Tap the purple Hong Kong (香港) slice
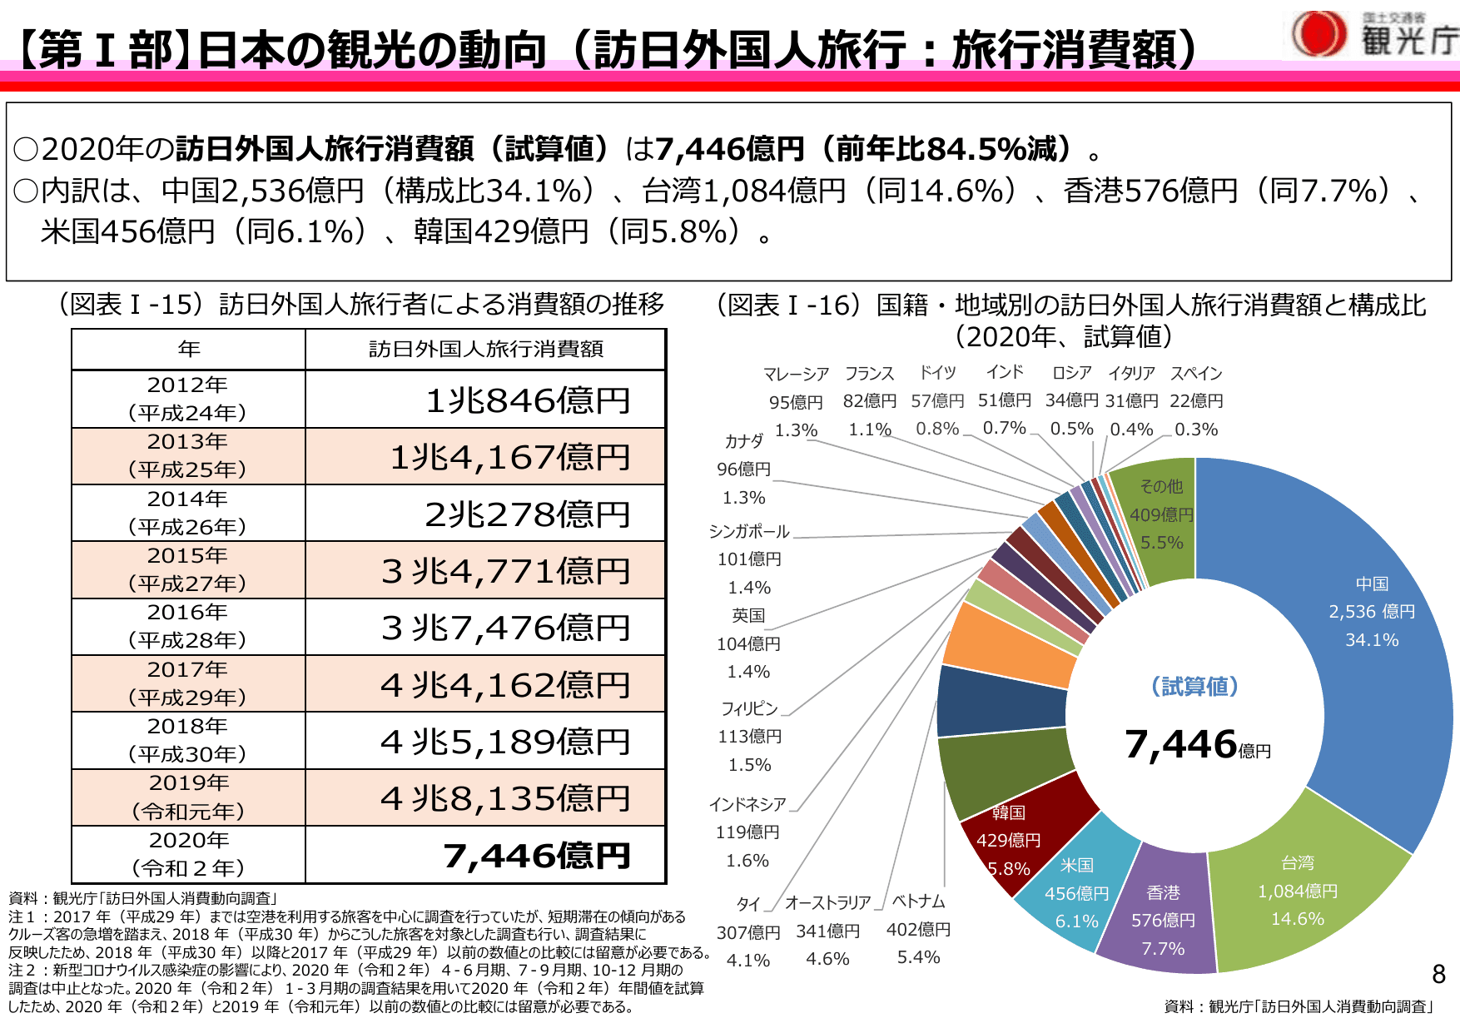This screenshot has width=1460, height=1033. click(1162, 916)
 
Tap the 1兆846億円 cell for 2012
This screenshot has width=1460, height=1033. click(527, 400)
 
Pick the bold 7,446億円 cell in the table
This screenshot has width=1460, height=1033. click(536, 856)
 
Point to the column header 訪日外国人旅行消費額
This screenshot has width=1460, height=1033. click(486, 349)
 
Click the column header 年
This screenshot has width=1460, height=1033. click(189, 349)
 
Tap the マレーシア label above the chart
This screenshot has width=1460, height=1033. click(796, 374)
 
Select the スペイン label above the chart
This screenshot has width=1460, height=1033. click(1196, 373)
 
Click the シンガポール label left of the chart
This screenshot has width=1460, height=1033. click(748, 531)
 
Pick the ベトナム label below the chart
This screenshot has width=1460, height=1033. click(918, 901)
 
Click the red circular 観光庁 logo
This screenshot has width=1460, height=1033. click(1318, 34)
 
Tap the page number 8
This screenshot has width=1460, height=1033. click(1438, 974)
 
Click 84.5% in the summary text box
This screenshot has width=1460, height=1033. click(976, 149)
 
